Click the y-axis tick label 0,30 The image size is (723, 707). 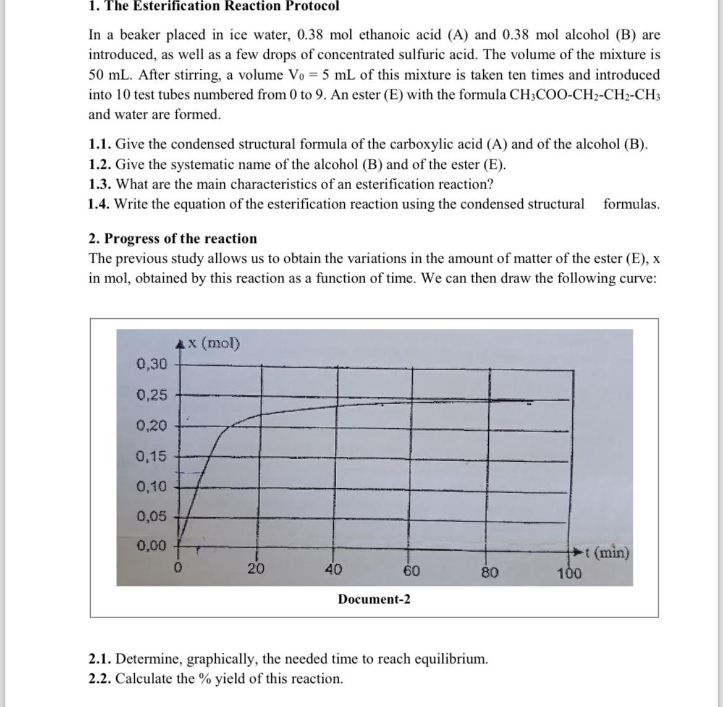tap(151, 364)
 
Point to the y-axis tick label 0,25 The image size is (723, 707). tap(151, 395)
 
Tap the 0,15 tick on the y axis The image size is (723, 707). tap(151, 457)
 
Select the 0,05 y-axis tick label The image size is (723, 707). tap(151, 516)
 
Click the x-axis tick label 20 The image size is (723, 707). tap(256, 569)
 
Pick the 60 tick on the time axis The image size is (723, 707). tap(412, 571)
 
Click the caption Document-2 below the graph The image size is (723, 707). tap(374, 599)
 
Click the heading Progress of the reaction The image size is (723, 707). tap(180, 239)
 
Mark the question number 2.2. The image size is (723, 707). tap(100, 679)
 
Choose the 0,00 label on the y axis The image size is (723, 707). tap(151, 546)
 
